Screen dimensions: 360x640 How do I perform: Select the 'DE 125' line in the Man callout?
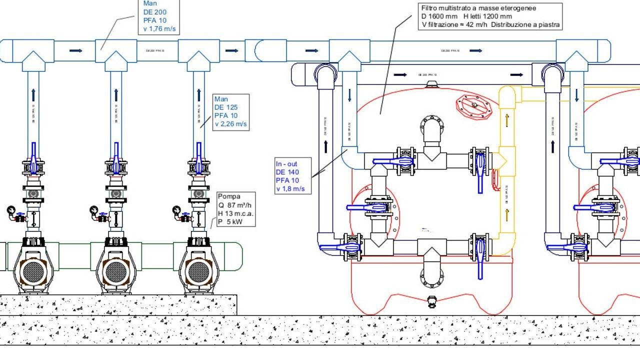(226, 107)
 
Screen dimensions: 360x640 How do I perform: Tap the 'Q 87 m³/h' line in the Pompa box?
(236, 205)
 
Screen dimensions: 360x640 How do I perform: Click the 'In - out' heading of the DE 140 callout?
(287, 163)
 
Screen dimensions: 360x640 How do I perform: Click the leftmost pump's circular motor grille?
(33, 271)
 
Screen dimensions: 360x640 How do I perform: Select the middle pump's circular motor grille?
(116, 271)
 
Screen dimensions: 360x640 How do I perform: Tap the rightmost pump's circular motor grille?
(198, 271)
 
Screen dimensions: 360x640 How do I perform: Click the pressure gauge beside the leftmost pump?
(11, 210)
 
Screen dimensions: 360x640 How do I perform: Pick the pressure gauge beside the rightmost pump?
(176, 210)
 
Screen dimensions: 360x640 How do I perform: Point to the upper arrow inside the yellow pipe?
(507, 120)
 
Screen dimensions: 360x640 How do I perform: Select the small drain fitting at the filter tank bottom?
(431, 301)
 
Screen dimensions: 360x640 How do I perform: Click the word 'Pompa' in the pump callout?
(228, 196)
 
